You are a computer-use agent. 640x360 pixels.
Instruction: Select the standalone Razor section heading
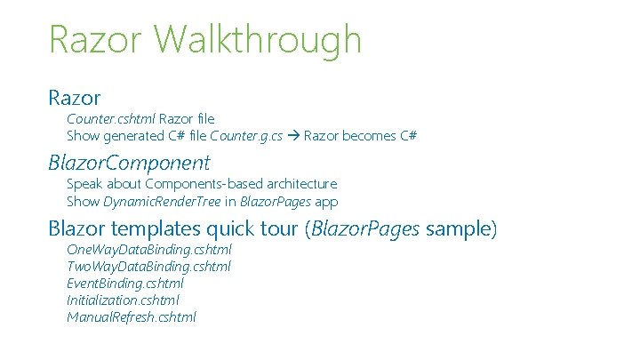(x=75, y=97)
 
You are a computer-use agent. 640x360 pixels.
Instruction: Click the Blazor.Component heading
(x=129, y=163)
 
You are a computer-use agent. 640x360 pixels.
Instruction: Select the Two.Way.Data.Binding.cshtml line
(x=148, y=267)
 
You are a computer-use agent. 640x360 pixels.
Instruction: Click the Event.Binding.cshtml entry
(x=125, y=284)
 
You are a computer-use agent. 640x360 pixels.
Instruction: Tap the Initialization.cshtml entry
(x=123, y=300)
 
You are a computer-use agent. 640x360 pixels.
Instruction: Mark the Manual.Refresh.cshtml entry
(x=132, y=317)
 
